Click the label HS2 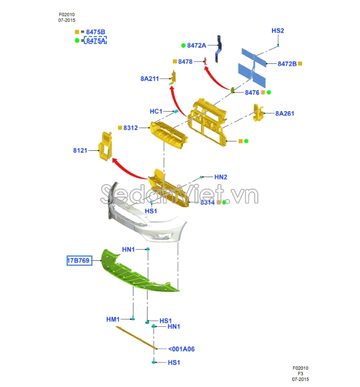tap(277, 31)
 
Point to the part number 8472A tap(197, 46)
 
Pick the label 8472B tap(287, 64)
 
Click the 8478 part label tap(186, 62)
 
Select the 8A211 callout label tap(150, 79)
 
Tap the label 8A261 tap(285, 114)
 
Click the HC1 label tap(156, 112)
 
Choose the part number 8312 tap(131, 128)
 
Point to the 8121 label tap(80, 151)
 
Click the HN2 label tap(221, 177)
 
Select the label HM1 tap(113, 319)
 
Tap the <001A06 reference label tap(181, 349)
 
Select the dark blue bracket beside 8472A tap(220, 47)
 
